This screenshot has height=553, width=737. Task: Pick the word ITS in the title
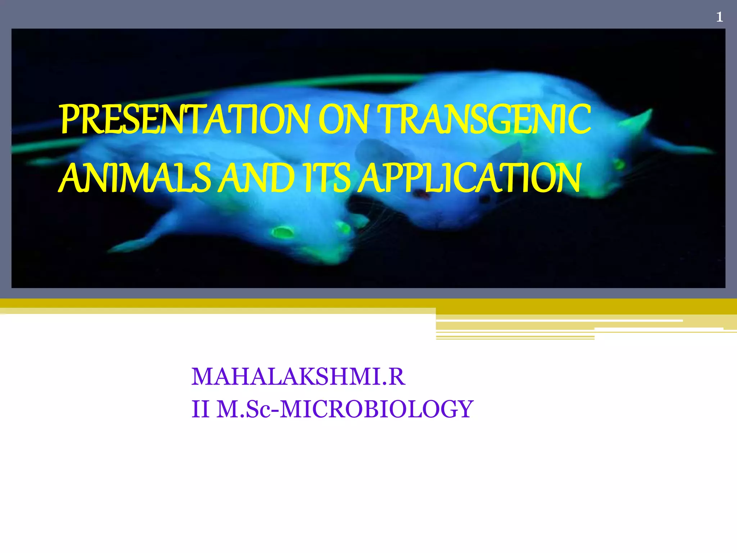click(326, 178)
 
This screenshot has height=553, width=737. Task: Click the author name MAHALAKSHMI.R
click(298, 377)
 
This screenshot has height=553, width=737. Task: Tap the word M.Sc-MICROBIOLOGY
click(345, 409)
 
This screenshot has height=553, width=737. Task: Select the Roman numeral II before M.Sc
click(200, 409)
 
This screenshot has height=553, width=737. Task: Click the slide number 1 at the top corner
click(719, 17)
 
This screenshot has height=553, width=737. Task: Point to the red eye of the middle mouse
click(421, 194)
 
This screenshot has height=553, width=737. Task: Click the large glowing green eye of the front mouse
click(282, 232)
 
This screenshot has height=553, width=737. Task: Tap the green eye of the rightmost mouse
click(619, 165)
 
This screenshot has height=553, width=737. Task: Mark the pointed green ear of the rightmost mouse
click(641, 119)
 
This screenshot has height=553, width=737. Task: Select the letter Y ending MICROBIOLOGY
click(464, 409)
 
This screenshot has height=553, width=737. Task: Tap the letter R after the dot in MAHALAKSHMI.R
click(397, 377)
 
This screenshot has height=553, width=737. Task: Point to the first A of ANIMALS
click(71, 178)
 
